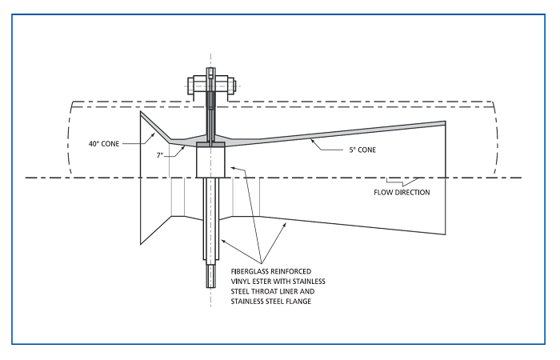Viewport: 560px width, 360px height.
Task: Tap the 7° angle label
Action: [160, 154]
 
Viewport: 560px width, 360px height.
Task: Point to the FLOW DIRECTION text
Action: [401, 192]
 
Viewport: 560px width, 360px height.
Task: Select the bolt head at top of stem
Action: [210, 82]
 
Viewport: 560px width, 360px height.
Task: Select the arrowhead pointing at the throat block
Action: [231, 167]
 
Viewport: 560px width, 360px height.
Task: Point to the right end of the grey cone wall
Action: [444, 123]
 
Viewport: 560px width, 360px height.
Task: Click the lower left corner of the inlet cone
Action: [141, 243]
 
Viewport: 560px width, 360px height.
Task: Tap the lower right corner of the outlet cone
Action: [445, 234]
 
